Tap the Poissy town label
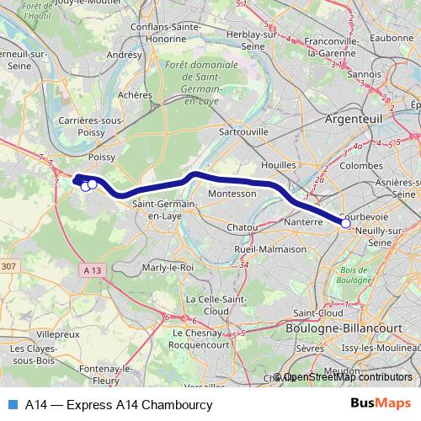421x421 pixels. [100, 157]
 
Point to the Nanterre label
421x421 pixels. [304, 222]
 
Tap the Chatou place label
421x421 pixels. [242, 227]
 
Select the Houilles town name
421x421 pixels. [280, 165]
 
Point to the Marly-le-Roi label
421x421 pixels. [168, 267]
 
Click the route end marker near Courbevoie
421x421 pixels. [345, 223]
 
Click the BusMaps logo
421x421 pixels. [381, 404]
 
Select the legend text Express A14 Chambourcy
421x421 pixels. [118, 404]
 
